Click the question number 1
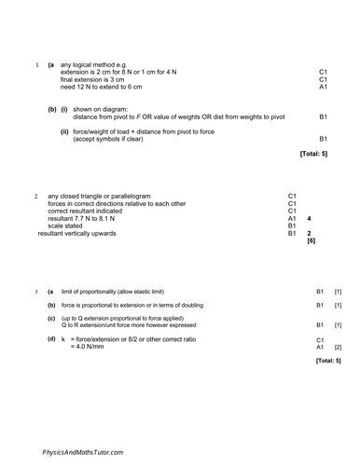point(35,64)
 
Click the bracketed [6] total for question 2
point(311,240)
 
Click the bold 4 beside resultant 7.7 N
point(309,218)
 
